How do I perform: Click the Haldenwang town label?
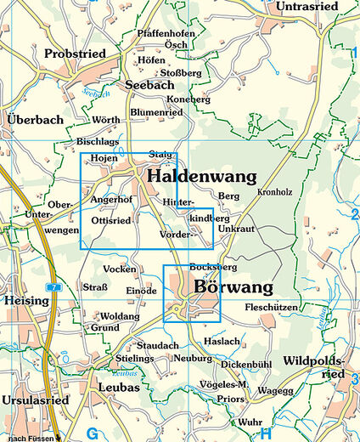[201, 177]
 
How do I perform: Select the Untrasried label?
[308, 7]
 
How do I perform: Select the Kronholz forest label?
[274, 193]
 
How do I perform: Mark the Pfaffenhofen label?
[167, 33]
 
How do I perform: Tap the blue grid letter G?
[93, 433]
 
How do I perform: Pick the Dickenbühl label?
[246, 364]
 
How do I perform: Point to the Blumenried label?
[157, 112]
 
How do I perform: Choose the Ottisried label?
[110, 220]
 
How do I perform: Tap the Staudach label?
[157, 346]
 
